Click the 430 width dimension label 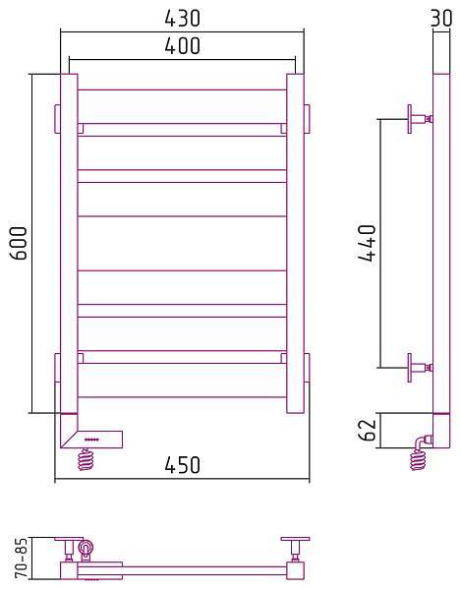click(x=183, y=18)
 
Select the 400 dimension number click(x=183, y=46)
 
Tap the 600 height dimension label click(x=19, y=243)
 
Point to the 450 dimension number click(x=183, y=465)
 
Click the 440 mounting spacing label click(x=367, y=243)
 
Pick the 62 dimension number click(x=367, y=430)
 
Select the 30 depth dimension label click(x=441, y=18)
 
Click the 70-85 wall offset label click(x=23, y=558)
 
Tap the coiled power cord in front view click(x=86, y=460)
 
